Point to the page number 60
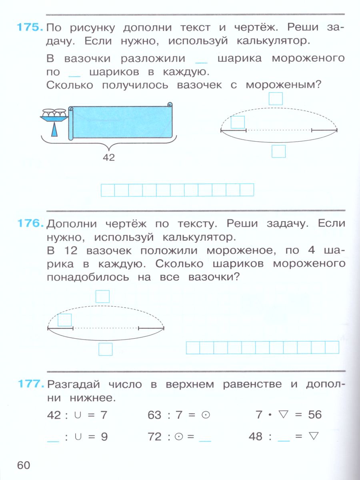[24, 465]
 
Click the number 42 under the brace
[108, 158]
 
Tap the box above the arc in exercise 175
[276, 98]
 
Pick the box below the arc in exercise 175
[278, 152]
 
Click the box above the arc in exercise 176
[103, 296]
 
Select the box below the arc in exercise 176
[106, 349]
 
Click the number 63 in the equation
[154, 415]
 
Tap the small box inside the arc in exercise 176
[65, 320]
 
